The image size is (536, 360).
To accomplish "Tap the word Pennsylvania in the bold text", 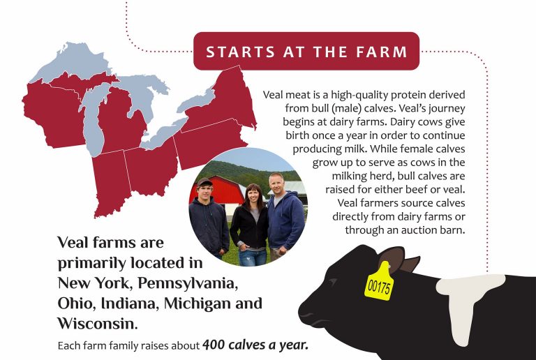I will [x=188, y=284].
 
